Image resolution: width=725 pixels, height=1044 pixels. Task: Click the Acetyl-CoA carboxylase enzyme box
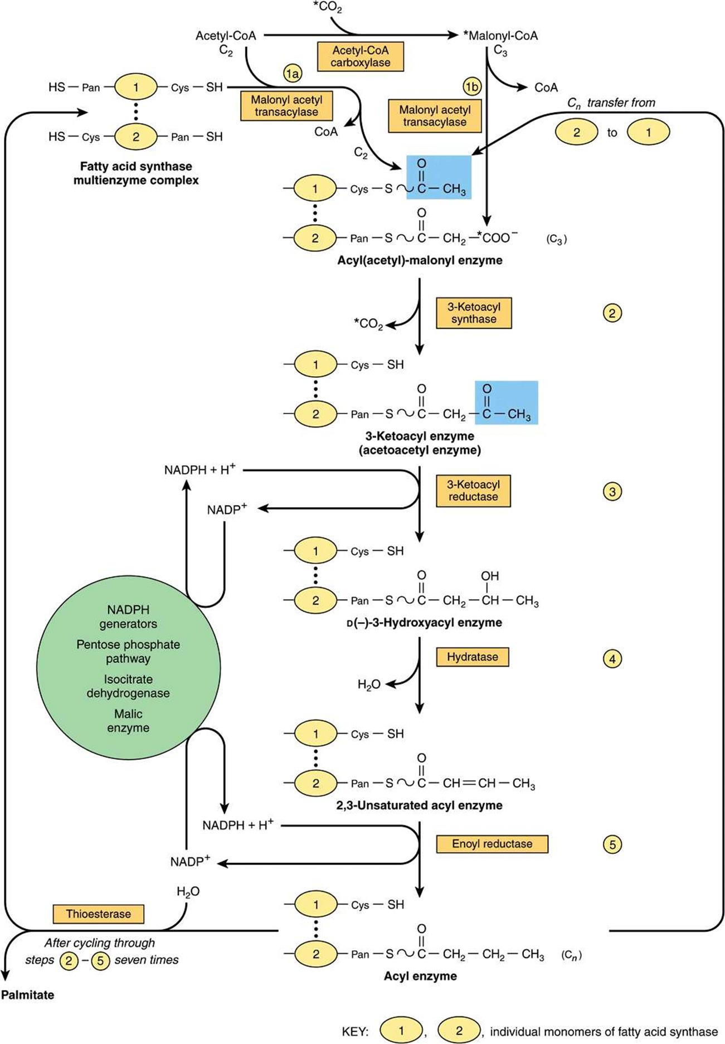[x=361, y=56]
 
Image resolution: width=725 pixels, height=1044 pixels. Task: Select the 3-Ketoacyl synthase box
[x=473, y=313]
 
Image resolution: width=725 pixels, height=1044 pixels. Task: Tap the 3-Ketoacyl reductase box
[x=473, y=491]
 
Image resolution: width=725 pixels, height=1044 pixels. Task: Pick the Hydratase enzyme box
[x=472, y=657]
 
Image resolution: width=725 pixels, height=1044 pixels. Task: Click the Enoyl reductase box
[x=492, y=844]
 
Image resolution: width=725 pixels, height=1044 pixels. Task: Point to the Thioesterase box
[x=99, y=914]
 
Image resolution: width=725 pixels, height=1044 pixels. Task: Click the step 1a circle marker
[x=292, y=73]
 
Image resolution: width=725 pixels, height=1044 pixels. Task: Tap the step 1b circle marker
[x=472, y=87]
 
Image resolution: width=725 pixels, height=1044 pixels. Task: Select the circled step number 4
[x=612, y=659]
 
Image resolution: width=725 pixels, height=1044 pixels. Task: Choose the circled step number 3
[x=612, y=492]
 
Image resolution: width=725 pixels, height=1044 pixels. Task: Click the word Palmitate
[x=28, y=994]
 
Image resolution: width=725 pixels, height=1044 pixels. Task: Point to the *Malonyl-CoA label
[x=500, y=36]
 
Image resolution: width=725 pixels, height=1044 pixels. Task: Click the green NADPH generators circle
[x=129, y=667]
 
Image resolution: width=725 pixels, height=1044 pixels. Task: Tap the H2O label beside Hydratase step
[x=368, y=684]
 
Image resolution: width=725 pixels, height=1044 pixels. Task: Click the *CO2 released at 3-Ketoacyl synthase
[x=368, y=324]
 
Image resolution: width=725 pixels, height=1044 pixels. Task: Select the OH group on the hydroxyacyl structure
[x=490, y=576]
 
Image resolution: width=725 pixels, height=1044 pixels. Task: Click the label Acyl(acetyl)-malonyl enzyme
[x=420, y=260]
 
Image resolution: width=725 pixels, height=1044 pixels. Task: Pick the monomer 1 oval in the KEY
[x=401, y=1031]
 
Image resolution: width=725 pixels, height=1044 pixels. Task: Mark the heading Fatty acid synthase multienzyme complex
[x=136, y=173]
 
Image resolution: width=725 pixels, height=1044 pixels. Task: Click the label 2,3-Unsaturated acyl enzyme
[x=419, y=805]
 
